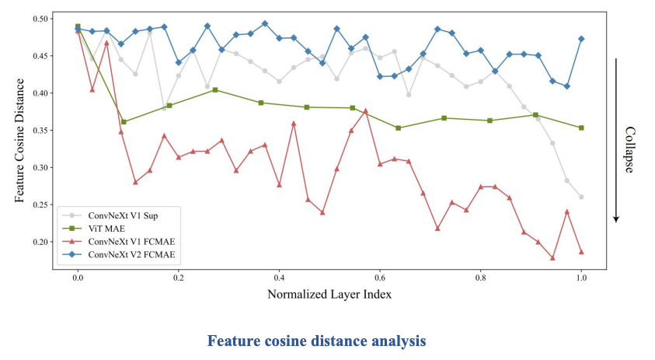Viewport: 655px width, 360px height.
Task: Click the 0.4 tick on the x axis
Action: pyautogui.click(x=279, y=277)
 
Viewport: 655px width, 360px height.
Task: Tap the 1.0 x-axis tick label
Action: pyautogui.click(x=581, y=277)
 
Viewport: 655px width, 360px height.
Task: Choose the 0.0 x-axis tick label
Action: pyautogui.click(x=78, y=277)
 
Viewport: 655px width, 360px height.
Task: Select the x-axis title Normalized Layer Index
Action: pyautogui.click(x=329, y=295)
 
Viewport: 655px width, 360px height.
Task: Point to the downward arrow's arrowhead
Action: pyautogui.click(x=616, y=218)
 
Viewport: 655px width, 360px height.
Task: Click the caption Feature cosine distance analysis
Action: pyautogui.click(x=316, y=341)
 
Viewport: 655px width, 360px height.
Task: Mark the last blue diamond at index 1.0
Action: pyautogui.click(x=581, y=39)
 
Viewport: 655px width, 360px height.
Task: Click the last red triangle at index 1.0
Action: pyautogui.click(x=581, y=252)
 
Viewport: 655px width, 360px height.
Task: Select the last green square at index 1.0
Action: pyautogui.click(x=581, y=128)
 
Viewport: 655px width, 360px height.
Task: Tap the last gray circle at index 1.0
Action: pyautogui.click(x=581, y=197)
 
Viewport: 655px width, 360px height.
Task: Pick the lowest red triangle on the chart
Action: pyautogui.click(x=552, y=258)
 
